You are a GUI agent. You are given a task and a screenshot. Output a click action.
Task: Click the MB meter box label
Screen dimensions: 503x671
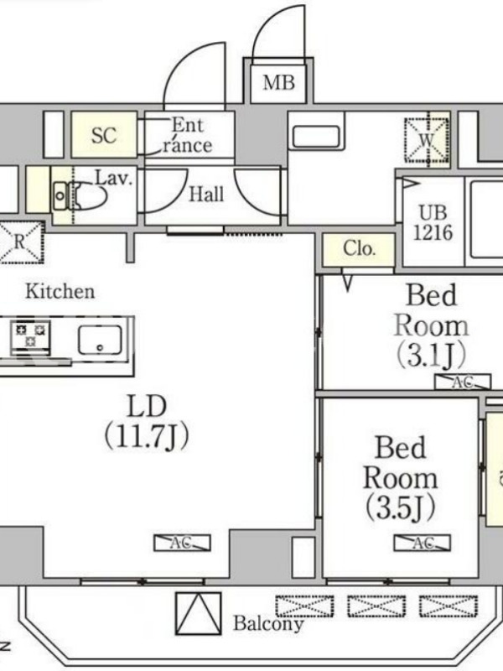coord(278,82)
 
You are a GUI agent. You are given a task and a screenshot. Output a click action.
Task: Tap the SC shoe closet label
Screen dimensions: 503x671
coord(104,135)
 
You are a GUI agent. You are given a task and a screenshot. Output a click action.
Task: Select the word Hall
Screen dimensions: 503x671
coord(206,195)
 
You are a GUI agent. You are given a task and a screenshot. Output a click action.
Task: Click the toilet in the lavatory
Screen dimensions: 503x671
coord(80,195)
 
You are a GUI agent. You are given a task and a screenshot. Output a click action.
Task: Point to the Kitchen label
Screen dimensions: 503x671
coord(60,291)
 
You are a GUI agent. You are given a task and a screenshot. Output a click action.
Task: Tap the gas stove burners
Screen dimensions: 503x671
coord(31,335)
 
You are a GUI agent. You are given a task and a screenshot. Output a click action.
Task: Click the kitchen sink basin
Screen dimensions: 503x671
coord(100,340)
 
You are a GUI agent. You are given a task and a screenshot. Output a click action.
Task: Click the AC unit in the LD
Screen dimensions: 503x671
coord(182,543)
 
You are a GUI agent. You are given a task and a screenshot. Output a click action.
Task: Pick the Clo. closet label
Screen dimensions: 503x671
coord(360,248)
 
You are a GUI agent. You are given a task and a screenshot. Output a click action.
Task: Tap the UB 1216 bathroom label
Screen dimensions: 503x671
coord(433,222)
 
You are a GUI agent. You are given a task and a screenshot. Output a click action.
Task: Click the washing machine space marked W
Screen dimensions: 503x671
coord(427,140)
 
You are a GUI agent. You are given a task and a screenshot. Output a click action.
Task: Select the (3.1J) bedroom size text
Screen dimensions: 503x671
coord(431,356)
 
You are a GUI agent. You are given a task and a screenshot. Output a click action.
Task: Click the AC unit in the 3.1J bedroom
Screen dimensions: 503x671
coord(463,382)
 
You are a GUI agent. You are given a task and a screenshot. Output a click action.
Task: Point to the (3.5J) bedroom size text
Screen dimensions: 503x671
coord(401,507)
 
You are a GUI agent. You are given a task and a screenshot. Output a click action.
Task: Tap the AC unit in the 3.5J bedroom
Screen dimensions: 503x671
coord(423,543)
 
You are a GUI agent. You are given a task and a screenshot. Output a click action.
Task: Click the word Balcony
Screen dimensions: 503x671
coord(268,624)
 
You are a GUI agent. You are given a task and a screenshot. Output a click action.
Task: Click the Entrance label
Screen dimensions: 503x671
coord(187,136)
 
